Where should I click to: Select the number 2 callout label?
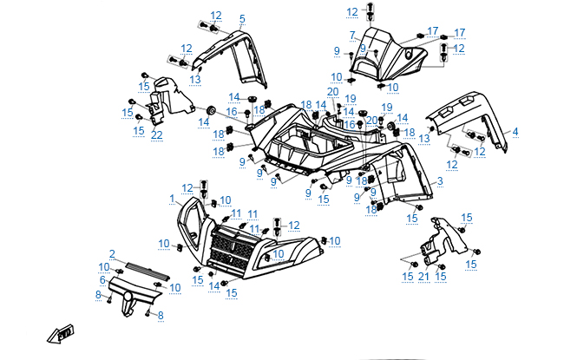(x=112, y=252)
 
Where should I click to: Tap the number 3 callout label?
(x=440, y=181)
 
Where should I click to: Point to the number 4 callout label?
(x=515, y=132)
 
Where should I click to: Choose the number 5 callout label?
(x=242, y=18)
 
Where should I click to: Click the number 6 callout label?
(x=102, y=280)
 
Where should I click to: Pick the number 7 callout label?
(x=352, y=35)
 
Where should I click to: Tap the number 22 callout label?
(x=156, y=134)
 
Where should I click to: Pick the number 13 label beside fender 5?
(x=196, y=79)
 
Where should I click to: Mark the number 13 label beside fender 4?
(x=424, y=138)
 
